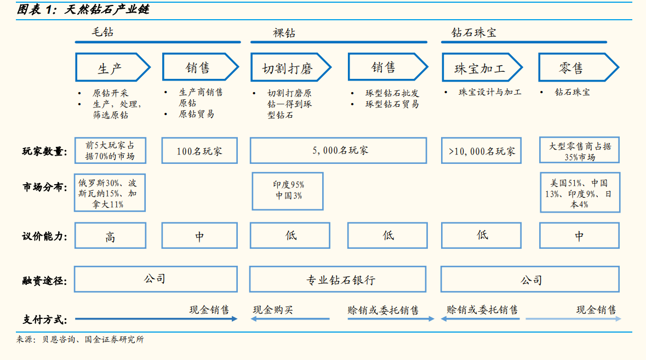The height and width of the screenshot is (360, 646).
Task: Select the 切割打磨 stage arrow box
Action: [291, 67]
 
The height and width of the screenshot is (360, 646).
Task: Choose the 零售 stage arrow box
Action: [579, 67]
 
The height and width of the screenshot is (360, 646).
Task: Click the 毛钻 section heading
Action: [102, 32]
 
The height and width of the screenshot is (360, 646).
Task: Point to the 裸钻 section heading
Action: [284, 33]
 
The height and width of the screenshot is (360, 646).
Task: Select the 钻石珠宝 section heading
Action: [474, 32]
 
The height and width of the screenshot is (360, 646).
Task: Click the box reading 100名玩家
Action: [199, 151]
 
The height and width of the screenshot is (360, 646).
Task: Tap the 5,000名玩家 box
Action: [338, 151]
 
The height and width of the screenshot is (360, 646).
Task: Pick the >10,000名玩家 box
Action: [481, 151]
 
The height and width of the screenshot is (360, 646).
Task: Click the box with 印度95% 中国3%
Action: [288, 191]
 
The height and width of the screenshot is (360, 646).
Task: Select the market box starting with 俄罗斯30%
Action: [110, 193]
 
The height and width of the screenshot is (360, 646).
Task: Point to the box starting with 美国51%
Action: [580, 193]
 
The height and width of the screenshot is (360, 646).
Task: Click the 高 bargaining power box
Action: [111, 236]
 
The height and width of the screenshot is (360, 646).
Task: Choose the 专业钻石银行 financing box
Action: [338, 279]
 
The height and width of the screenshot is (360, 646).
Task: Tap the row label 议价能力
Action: [44, 236]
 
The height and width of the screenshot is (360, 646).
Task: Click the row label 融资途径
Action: [44, 281]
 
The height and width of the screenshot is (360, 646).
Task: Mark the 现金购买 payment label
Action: [273, 310]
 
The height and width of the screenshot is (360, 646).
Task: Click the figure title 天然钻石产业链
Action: [107, 9]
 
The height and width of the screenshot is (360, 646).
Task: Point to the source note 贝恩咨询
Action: [59, 339]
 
